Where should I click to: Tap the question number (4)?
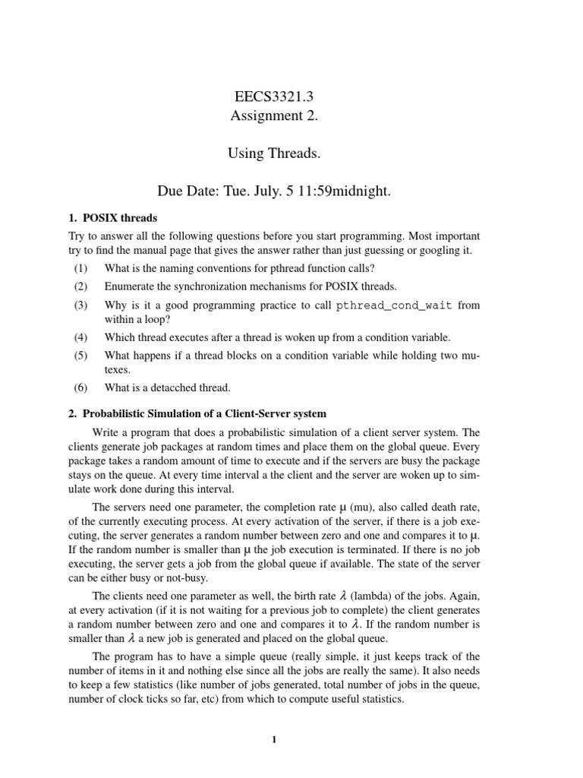pos(81,337)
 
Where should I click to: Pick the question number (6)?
pos(81,388)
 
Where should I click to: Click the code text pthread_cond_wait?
pos(389,305)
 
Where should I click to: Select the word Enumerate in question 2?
pos(131,286)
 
